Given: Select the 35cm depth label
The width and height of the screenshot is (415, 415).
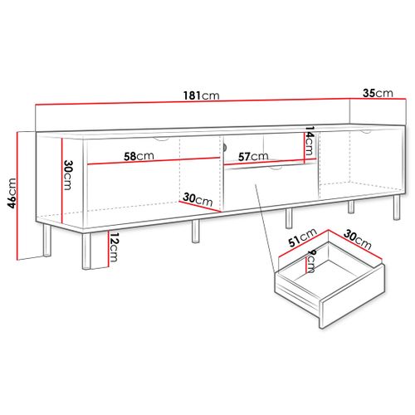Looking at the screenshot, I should tap(378, 93).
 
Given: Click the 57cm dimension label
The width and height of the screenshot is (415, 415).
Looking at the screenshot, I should tap(251, 155).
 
